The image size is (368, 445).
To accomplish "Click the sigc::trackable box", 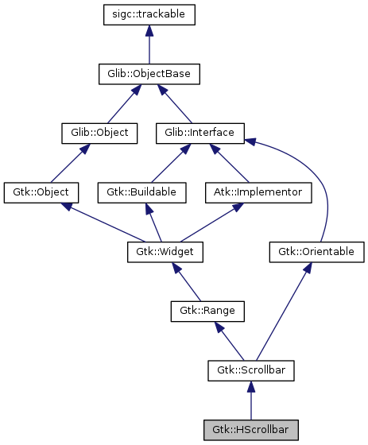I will [x=149, y=14].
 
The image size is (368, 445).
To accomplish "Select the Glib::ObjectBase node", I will [x=149, y=74].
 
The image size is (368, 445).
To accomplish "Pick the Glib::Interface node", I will [x=199, y=133].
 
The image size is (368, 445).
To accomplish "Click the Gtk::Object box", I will [x=41, y=192].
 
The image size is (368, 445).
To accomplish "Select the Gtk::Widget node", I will [x=165, y=252].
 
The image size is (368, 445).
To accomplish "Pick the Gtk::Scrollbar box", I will [x=251, y=370].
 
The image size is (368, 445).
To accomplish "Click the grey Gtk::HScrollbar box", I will [x=251, y=430].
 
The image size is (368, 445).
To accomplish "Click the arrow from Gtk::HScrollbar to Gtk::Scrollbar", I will [x=251, y=401].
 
